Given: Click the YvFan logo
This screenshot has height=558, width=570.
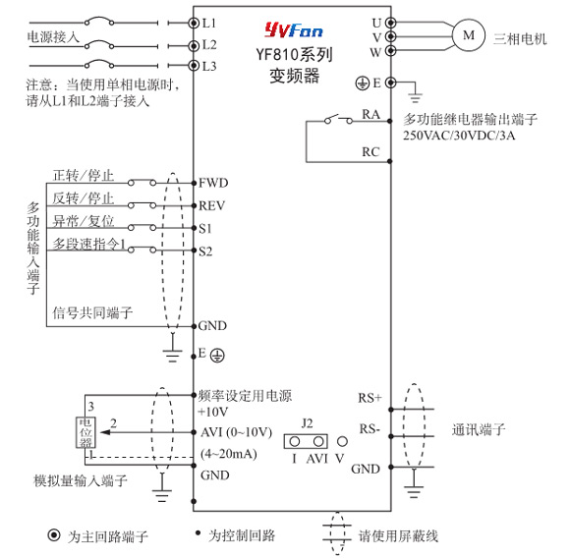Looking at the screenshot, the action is click(294, 30).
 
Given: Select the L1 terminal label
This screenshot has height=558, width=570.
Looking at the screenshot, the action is click(209, 24).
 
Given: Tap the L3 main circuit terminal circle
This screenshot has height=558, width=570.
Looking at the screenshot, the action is click(194, 66).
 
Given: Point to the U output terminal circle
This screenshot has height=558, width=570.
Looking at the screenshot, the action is click(391, 23).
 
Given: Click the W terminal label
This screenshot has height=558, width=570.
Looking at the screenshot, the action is click(375, 52).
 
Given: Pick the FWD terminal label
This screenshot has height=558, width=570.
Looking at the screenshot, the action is click(213, 183).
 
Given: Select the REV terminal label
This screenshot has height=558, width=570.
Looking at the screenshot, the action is click(212, 205).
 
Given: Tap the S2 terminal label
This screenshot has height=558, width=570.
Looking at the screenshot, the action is click(205, 251).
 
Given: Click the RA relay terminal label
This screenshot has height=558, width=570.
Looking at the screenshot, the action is click(370, 114).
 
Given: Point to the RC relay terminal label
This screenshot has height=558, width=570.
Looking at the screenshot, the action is click(370, 152).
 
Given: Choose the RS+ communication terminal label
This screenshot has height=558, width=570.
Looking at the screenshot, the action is click(370, 398).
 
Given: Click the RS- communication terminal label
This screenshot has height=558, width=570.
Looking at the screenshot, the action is click(370, 428).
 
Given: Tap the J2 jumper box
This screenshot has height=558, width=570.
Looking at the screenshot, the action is click(306, 441).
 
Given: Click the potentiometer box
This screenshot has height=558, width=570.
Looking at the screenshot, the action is click(85, 432).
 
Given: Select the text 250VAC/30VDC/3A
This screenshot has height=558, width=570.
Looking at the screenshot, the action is click(459, 136).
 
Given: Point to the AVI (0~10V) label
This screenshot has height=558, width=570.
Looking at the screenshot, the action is click(236, 432).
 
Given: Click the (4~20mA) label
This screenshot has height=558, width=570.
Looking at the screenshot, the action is click(229, 454).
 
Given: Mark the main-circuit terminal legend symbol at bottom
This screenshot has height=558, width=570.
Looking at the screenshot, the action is click(54, 534).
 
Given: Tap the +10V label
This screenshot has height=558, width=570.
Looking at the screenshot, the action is click(213, 412).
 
